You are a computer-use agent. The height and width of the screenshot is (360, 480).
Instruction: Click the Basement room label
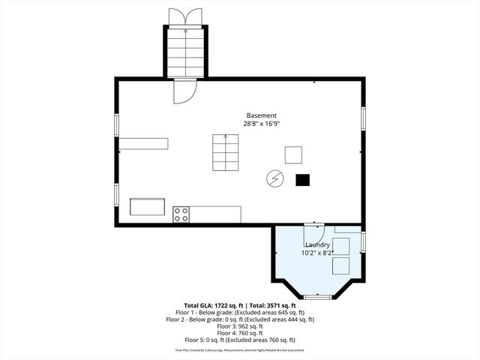click(262, 115)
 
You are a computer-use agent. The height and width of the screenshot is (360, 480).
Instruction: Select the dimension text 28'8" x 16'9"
click(262, 123)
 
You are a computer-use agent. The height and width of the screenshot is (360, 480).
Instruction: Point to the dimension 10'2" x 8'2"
click(318, 253)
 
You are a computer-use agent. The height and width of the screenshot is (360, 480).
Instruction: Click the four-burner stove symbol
click(181, 214)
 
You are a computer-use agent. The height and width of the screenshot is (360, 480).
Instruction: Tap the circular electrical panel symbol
click(275, 178)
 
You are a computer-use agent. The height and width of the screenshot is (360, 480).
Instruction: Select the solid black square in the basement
click(302, 179)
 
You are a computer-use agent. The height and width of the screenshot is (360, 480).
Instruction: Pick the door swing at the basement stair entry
click(184, 91)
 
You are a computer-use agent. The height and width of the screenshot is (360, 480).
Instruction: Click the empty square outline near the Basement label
click(294, 155)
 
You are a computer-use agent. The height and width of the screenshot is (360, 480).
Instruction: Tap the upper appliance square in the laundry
click(341, 246)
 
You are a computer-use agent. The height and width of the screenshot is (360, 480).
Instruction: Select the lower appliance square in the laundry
click(341, 266)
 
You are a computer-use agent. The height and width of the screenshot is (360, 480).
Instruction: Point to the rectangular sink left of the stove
click(147, 206)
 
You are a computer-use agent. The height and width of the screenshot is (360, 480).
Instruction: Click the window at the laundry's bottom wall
click(317, 297)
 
